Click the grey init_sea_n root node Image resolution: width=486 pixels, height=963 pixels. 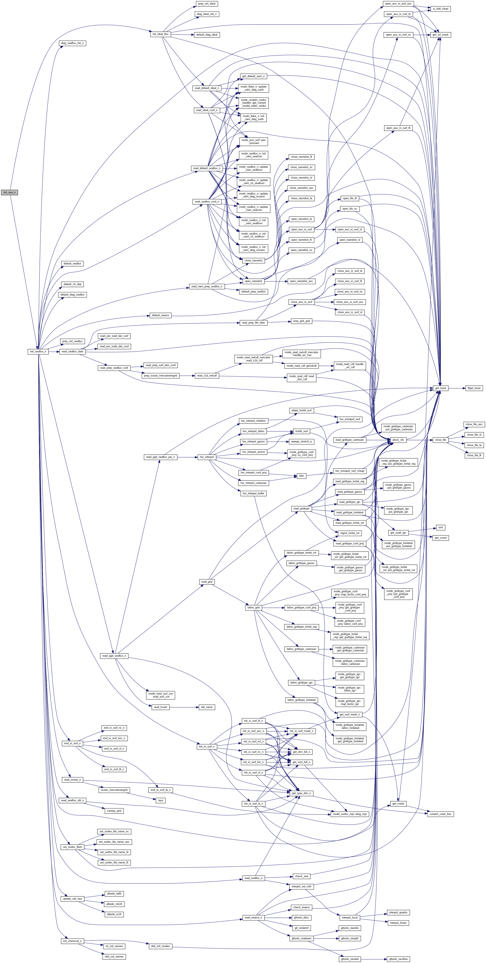pyautogui.click(x=9, y=192)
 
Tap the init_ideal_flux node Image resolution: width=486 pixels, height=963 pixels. pyautogui.click(x=160, y=34)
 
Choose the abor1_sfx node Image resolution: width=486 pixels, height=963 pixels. pyautogui.click(x=398, y=440)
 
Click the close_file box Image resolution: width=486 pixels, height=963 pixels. pyautogui.click(x=440, y=440)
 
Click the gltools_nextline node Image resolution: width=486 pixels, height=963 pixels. pyautogui.click(x=398, y=956)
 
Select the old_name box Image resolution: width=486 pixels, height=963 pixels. pyautogui.click(x=206, y=707)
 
